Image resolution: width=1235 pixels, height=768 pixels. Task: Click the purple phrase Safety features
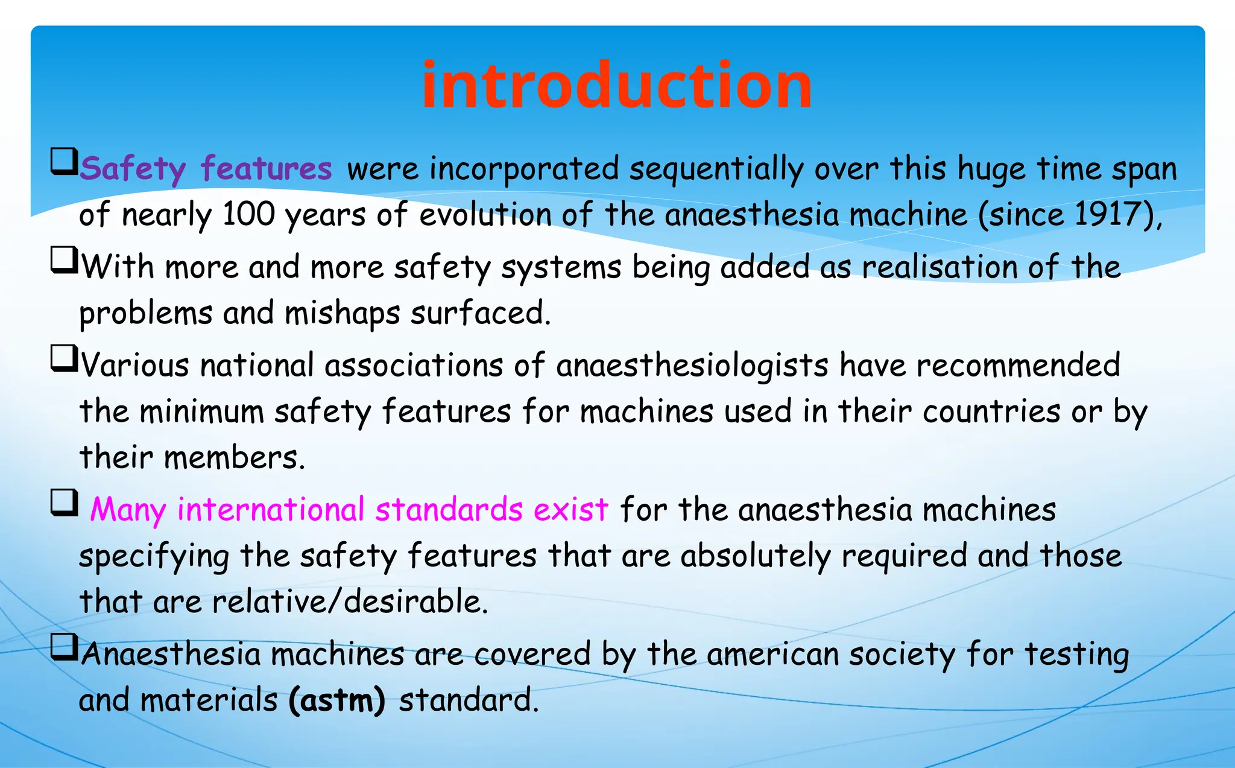206,168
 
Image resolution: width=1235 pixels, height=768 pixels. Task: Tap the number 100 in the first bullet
248,214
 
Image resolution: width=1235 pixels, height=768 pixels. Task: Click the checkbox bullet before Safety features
64,161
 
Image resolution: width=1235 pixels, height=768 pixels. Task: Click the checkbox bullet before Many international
64,502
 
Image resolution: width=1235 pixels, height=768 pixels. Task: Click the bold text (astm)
336,700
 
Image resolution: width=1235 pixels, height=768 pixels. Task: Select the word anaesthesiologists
692,366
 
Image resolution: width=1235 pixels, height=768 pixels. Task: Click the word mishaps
342,313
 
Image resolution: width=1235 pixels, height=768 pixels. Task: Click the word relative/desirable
350,601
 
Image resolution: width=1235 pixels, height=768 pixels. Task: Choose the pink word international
271,510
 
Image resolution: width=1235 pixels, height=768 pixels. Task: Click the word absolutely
756,556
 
